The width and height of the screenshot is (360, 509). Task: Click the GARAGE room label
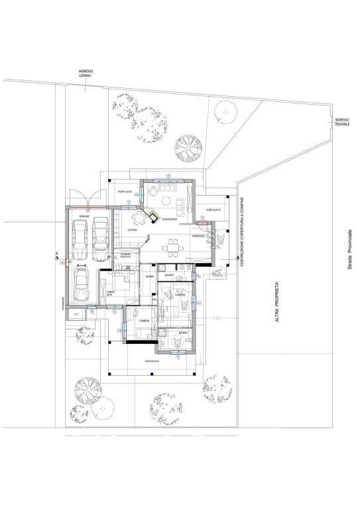pyautogui.click(x=85, y=216)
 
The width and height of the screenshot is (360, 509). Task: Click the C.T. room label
pyautogui.click(x=77, y=314)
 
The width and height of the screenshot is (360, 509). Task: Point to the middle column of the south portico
pyautogui.click(x=152, y=375)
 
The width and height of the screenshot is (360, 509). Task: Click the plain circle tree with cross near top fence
pyautogui.click(x=226, y=113)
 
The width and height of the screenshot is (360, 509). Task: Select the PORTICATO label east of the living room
pyautogui.click(x=212, y=210)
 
